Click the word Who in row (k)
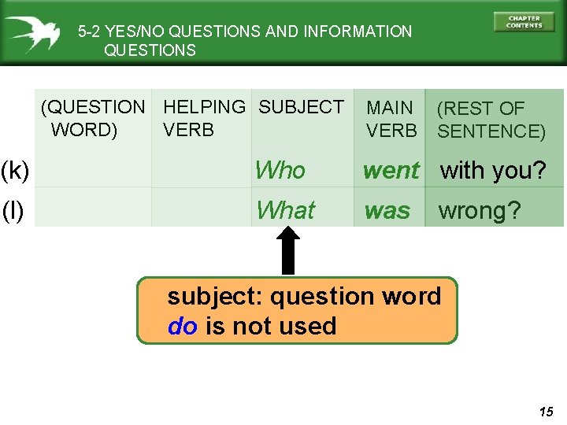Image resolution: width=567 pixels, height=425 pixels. [280, 170]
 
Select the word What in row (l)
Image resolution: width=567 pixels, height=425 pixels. [285, 211]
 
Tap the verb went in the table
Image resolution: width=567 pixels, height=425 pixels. [391, 170]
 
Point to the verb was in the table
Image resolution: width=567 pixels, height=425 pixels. [387, 211]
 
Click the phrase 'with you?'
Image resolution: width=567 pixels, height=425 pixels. [492, 170]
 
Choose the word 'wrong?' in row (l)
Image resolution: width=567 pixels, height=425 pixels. [479, 211]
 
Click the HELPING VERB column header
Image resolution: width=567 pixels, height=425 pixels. [204, 118]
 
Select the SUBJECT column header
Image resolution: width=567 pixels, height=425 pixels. [301, 107]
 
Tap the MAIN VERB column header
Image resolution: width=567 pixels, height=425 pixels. [391, 119]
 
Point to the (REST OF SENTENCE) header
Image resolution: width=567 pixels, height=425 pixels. [491, 120]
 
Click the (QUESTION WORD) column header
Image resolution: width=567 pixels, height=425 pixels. [93, 118]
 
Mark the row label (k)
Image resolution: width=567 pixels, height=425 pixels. [15, 170]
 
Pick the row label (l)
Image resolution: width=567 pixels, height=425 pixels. [13, 211]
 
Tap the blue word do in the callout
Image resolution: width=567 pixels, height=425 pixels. [183, 326]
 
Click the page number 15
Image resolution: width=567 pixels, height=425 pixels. [547, 412]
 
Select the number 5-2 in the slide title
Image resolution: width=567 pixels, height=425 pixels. [89, 31]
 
